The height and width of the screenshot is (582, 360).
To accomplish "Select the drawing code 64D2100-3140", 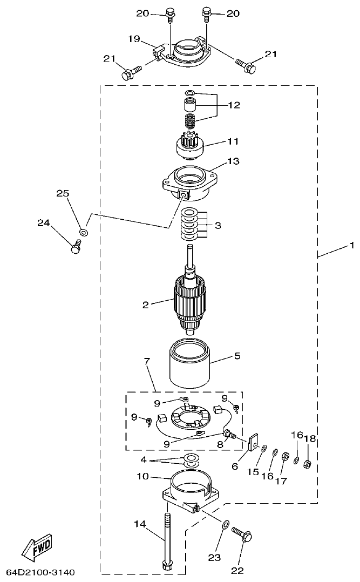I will pyautogui.click(x=40, y=572).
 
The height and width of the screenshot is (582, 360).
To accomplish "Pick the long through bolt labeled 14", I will pyautogui.click(x=167, y=540).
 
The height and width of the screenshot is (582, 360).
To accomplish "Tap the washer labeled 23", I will pyautogui.click(x=226, y=523).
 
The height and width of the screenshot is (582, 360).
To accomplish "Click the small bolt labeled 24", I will pyautogui.click(x=75, y=248).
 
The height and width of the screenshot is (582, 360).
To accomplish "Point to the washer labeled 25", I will pyautogui.click(x=83, y=232).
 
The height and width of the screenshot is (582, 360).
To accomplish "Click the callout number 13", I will pyautogui.click(x=233, y=161).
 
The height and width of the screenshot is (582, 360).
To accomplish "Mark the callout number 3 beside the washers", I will pyautogui.click(x=218, y=225).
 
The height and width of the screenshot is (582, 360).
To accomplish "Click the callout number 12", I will pyautogui.click(x=233, y=105).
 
